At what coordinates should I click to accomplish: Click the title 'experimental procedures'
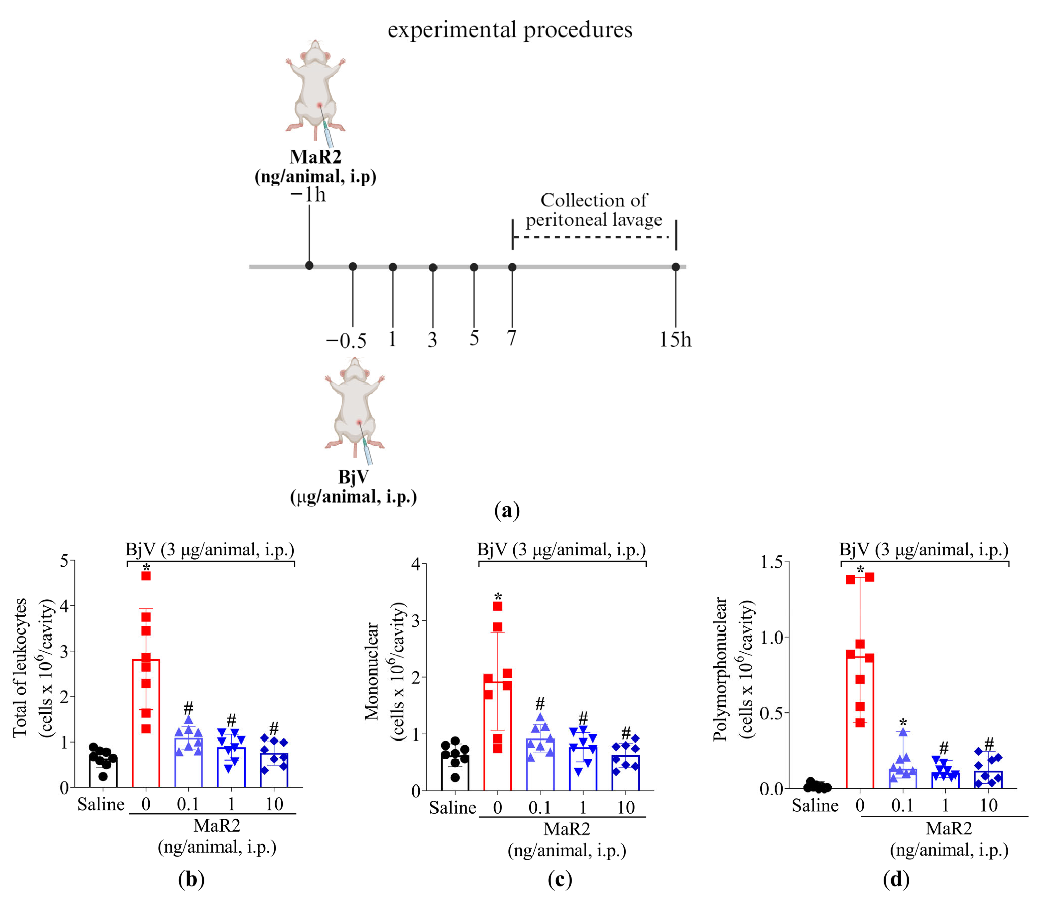point(510,30)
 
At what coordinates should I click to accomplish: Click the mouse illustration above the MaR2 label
point(315,90)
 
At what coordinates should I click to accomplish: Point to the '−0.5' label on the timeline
point(346,341)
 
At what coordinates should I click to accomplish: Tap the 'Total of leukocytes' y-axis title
point(20,667)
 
